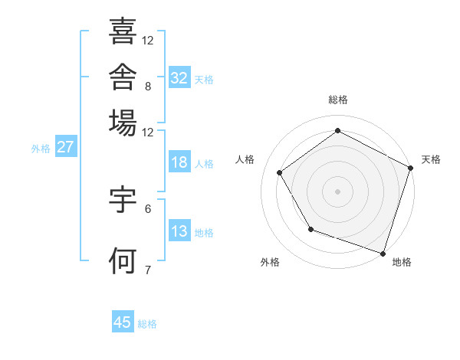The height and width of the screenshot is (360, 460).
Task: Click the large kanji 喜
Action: tap(123, 31)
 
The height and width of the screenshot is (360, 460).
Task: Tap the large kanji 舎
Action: tap(123, 77)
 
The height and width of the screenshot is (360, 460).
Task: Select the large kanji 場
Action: tap(123, 123)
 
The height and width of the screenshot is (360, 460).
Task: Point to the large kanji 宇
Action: tap(123, 199)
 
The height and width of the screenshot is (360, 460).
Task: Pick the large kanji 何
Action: tap(123, 260)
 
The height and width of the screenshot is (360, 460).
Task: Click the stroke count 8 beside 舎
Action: tap(148, 87)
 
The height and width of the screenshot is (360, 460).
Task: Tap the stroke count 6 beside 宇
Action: tap(148, 209)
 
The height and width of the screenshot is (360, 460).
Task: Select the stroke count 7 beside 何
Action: tap(148, 270)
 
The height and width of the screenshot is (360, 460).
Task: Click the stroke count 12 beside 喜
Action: tap(147, 41)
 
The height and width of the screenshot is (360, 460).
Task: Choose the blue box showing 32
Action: tap(179, 77)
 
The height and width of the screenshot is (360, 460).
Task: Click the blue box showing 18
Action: tap(179, 162)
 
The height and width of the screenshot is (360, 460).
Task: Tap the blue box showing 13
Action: tap(179, 230)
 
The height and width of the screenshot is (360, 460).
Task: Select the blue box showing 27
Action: tap(66, 146)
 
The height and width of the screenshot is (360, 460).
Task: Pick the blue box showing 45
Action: tap(123, 321)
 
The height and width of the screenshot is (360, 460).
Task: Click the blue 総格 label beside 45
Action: tap(147, 324)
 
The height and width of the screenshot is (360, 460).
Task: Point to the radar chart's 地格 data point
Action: tap(383, 254)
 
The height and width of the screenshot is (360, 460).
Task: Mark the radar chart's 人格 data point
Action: tap(280, 172)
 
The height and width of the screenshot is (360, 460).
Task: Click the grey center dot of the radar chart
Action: tap(337, 191)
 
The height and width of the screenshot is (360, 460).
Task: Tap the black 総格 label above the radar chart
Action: tap(338, 100)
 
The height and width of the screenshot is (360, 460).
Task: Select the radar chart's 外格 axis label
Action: tap(270, 262)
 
